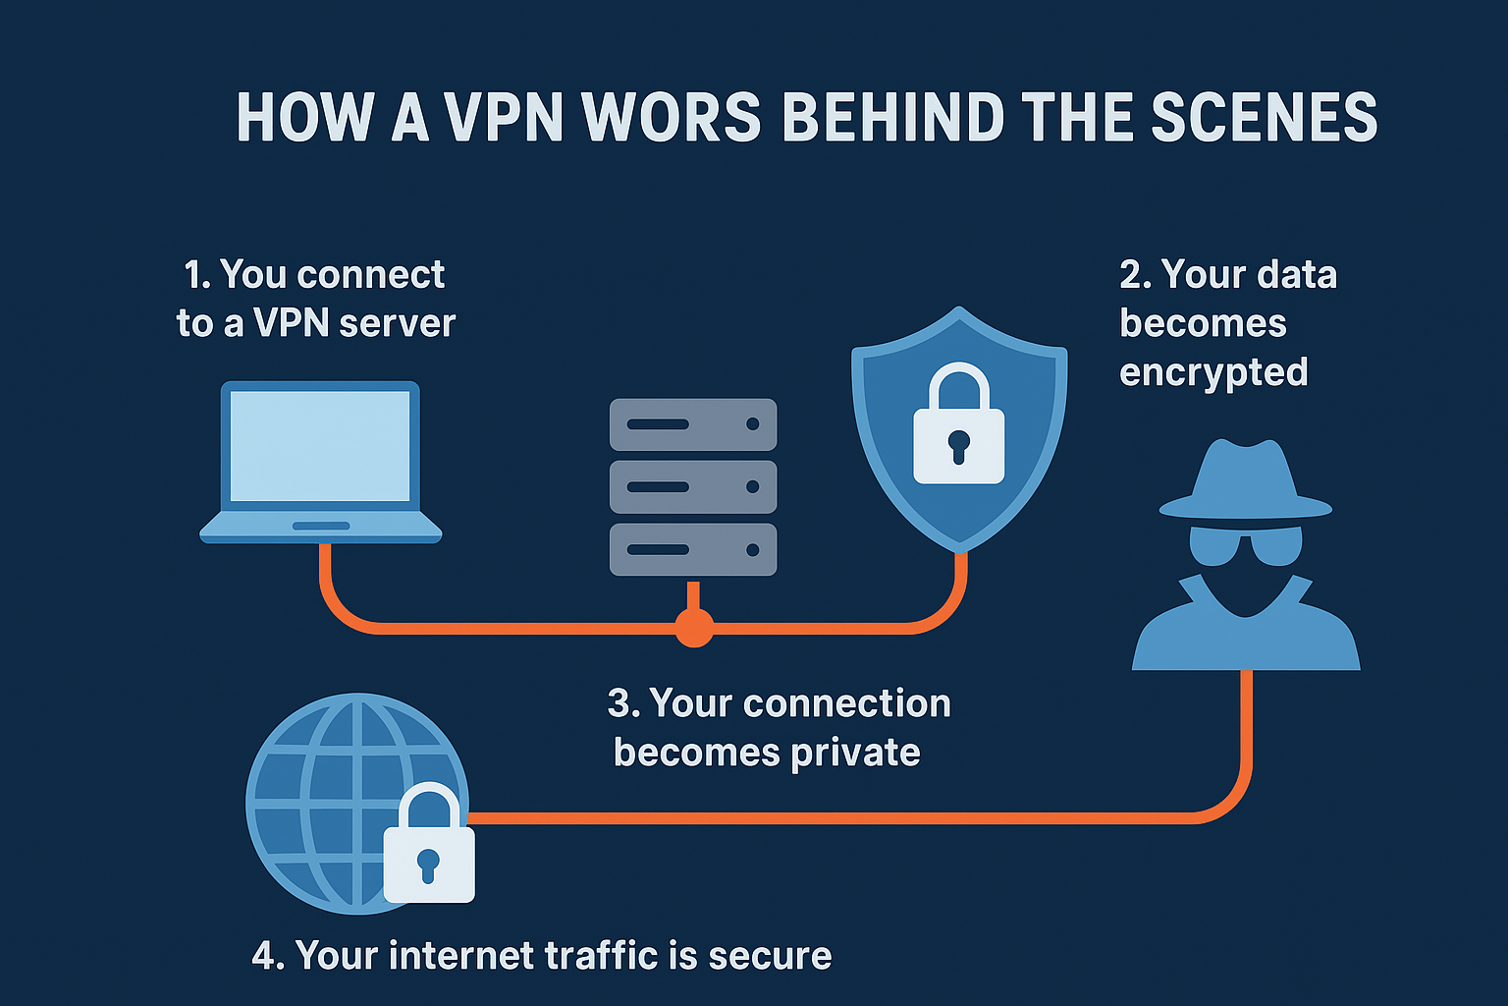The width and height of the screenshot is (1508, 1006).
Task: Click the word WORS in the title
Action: click(x=672, y=118)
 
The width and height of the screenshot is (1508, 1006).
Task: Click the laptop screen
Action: click(x=320, y=446)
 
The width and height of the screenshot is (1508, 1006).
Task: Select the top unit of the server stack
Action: click(x=693, y=424)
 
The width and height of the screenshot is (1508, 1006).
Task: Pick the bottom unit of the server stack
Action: click(x=693, y=549)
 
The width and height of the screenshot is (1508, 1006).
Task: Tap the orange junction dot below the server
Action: click(x=694, y=627)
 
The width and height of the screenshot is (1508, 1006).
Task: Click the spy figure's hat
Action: click(x=1245, y=481)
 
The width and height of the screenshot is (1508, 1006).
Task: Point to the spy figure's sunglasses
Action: click(x=1245, y=544)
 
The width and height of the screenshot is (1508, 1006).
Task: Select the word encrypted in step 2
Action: click(x=1213, y=373)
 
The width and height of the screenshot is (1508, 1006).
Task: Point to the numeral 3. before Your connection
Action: click(x=623, y=703)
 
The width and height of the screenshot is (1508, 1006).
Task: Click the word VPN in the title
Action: click(x=503, y=118)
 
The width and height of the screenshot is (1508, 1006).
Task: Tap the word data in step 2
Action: click(x=1296, y=275)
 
